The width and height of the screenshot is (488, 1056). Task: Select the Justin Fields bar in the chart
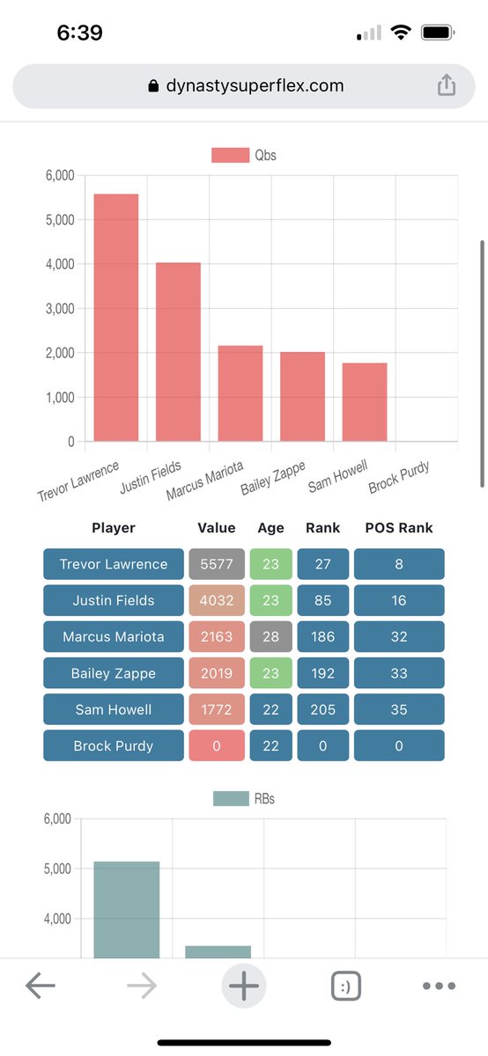point(178,352)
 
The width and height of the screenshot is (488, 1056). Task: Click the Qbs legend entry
point(244,156)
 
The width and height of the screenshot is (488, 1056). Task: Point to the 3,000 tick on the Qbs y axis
point(59,308)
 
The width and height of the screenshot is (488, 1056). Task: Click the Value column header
point(216,528)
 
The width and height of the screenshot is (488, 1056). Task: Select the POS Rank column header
point(399,528)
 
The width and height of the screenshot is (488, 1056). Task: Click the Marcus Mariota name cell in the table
point(113,636)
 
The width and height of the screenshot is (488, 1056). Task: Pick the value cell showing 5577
point(216,564)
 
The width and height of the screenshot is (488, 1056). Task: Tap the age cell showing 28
point(270,636)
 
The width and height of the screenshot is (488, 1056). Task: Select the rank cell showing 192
point(322,673)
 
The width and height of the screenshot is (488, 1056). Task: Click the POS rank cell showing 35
point(399,709)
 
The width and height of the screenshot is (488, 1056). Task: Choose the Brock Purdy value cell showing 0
point(216,745)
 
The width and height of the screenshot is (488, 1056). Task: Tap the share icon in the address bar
point(447,85)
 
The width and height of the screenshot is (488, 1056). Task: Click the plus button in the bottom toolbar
point(243,986)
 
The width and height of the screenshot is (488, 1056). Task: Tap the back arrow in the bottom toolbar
point(41,986)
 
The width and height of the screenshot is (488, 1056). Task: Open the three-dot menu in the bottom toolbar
point(439,986)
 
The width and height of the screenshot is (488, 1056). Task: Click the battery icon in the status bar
point(437,33)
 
